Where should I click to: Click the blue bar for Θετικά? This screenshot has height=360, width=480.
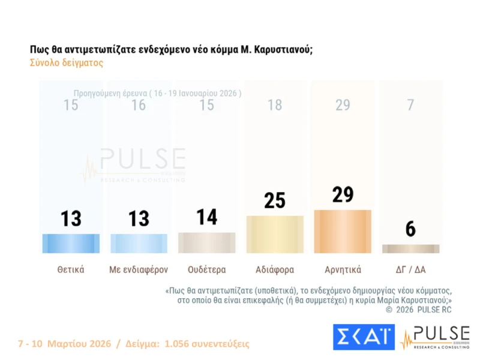coord(71,243)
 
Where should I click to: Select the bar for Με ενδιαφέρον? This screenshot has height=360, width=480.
coord(139,243)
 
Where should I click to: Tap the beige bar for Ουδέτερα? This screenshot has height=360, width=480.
coord(207,242)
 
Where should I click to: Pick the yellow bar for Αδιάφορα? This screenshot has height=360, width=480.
coord(275,234)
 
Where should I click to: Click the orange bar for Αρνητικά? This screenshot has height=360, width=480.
coord(343,231)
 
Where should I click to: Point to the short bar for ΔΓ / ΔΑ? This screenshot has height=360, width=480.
coord(410,248)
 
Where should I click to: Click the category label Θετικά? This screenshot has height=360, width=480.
coord(71,269)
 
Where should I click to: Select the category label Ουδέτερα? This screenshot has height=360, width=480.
coord(207,269)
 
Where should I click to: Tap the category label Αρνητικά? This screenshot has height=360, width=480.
coord(343,269)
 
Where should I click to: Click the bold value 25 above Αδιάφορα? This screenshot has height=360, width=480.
coord(275,200)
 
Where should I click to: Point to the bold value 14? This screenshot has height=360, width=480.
coord(207,217)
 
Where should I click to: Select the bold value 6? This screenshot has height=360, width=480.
coord(410,229)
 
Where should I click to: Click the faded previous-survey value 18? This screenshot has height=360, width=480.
coord(275,106)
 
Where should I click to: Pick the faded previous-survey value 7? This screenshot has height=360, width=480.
coord(410,106)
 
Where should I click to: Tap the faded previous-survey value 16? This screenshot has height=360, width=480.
coord(139,106)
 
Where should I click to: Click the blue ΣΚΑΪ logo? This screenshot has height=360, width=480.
coord(364,337)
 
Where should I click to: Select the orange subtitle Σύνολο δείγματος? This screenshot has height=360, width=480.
coord(66,63)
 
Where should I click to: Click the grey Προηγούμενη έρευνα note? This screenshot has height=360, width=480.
coord(157,94)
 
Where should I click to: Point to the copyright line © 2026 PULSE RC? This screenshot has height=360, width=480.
coord(418,310)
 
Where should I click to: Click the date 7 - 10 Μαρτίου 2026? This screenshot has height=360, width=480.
coord(64,344)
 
